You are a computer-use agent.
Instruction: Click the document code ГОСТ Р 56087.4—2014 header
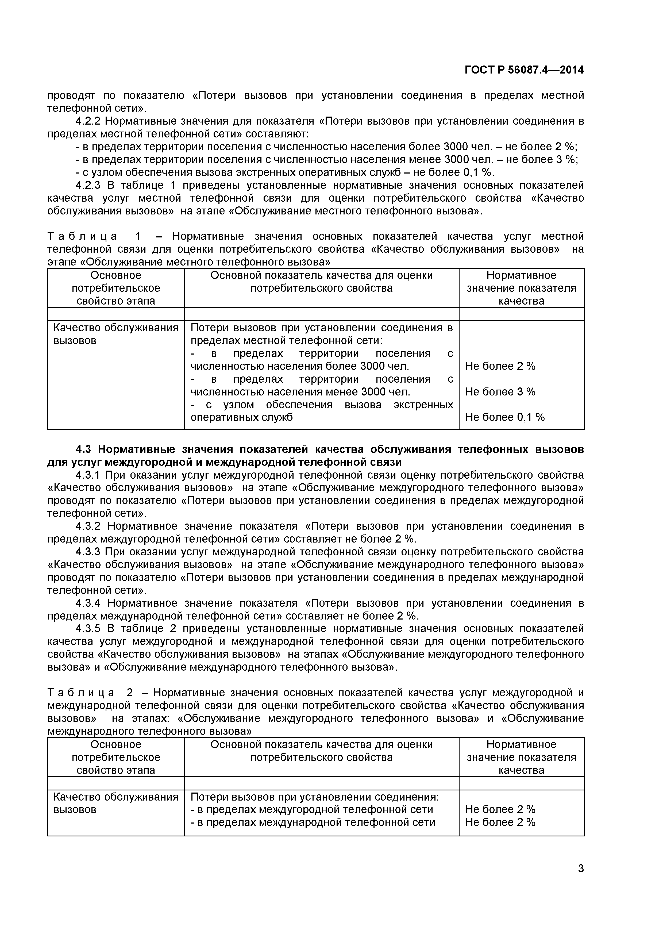pos(524,70)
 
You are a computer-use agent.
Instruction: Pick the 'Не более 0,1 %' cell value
pos(505,417)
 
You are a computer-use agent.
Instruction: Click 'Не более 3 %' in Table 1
pos(500,392)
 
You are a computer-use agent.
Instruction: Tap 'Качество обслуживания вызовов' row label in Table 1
pos(116,334)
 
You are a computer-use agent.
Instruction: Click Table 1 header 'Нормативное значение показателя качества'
pos(521,288)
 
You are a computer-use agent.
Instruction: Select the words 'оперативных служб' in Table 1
pos(242,417)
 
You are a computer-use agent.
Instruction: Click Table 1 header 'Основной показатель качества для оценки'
pos(322,275)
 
